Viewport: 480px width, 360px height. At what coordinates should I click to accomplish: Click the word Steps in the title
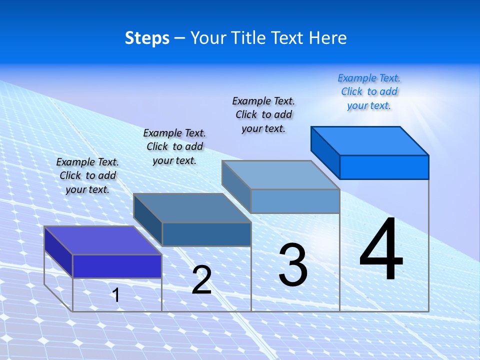tap(147, 38)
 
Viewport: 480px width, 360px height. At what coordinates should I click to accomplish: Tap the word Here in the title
tap(328, 38)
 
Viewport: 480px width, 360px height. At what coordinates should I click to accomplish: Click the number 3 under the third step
tap(292, 265)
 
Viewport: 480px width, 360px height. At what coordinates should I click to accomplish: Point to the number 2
tap(201, 280)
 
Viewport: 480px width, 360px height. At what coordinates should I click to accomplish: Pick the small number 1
tap(116, 295)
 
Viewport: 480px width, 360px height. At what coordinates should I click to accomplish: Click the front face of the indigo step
tap(117, 266)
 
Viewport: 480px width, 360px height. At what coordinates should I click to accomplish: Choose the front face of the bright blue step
tap(384, 167)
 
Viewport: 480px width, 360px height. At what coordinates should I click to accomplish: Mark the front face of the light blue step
tap(295, 201)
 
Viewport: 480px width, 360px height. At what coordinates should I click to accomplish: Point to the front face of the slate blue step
tap(206, 234)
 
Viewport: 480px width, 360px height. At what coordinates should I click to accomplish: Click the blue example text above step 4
tap(369, 92)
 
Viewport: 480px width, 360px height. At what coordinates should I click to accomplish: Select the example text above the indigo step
tap(87, 176)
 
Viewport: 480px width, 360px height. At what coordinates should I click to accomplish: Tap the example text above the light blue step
tap(263, 115)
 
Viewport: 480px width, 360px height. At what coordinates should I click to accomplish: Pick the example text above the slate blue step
tap(174, 147)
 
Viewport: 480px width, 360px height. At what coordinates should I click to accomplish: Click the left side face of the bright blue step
tap(325, 152)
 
